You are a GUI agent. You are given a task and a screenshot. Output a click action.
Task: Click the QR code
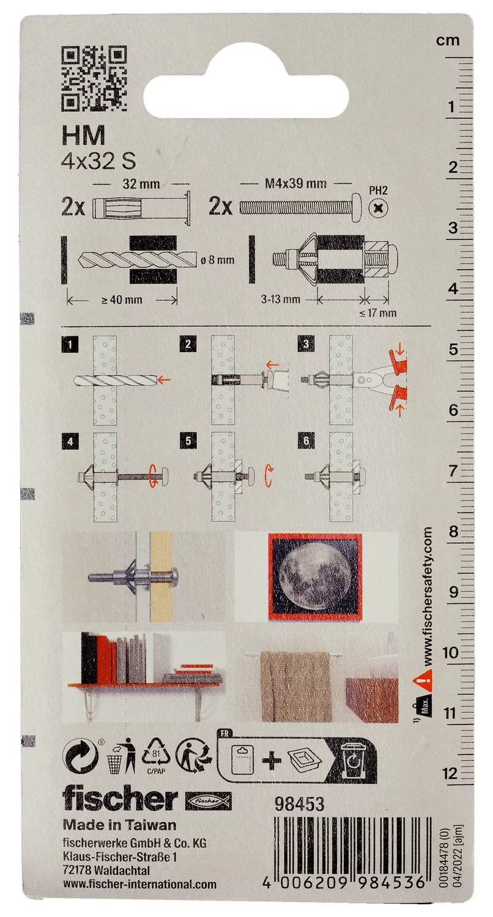click(94, 79)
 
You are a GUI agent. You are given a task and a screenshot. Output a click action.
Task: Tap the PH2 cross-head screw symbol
click(378, 209)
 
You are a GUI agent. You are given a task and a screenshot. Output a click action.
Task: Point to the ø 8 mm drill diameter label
click(218, 260)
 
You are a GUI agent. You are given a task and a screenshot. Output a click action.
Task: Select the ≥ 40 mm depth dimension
click(122, 300)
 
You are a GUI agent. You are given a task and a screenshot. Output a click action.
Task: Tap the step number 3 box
click(306, 344)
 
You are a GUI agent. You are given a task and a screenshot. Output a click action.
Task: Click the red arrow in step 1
click(164, 380)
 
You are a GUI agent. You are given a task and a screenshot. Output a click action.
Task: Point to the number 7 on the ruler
click(452, 471)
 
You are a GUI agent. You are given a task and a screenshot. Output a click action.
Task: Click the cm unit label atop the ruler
click(448, 40)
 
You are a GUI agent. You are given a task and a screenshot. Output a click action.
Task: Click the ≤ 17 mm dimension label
click(377, 313)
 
